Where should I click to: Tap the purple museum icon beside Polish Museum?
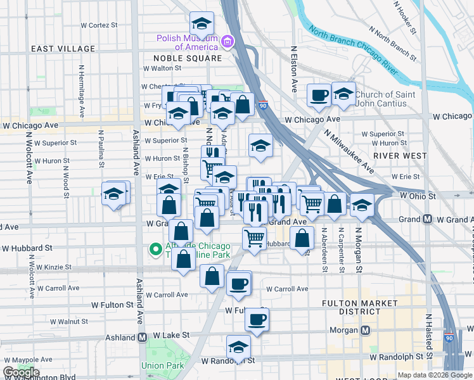pos(227,42)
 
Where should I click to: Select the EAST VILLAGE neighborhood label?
pos(58,49)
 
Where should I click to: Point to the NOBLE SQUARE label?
pos(188,58)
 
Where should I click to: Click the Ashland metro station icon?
pos(142,336)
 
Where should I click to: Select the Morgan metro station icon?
pos(365,330)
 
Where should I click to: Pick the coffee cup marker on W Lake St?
pos(257,320)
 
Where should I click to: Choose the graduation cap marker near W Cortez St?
pos(202,24)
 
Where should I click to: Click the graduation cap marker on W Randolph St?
pos(238,347)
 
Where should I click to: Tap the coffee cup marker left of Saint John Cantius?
pos(319,94)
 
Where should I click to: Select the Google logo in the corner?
pos(21,372)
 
